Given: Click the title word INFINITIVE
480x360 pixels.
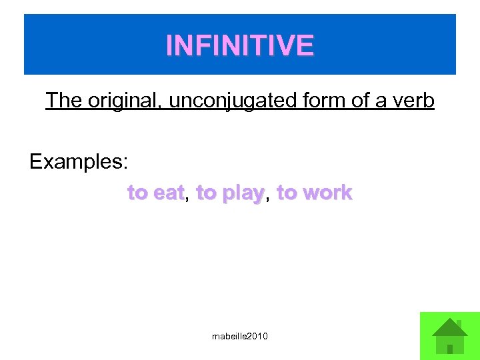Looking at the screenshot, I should (240, 45).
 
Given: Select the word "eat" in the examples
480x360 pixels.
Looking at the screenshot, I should (169, 193).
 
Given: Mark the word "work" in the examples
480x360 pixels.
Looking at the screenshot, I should (327, 193).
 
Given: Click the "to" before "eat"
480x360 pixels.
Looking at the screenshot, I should (138, 193).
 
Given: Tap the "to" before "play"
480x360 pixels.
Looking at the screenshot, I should (207, 193).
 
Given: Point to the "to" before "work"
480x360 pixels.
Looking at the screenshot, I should (287, 193).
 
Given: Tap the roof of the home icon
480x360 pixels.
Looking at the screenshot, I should (449, 328).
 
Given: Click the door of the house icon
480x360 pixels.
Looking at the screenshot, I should (450, 348).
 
